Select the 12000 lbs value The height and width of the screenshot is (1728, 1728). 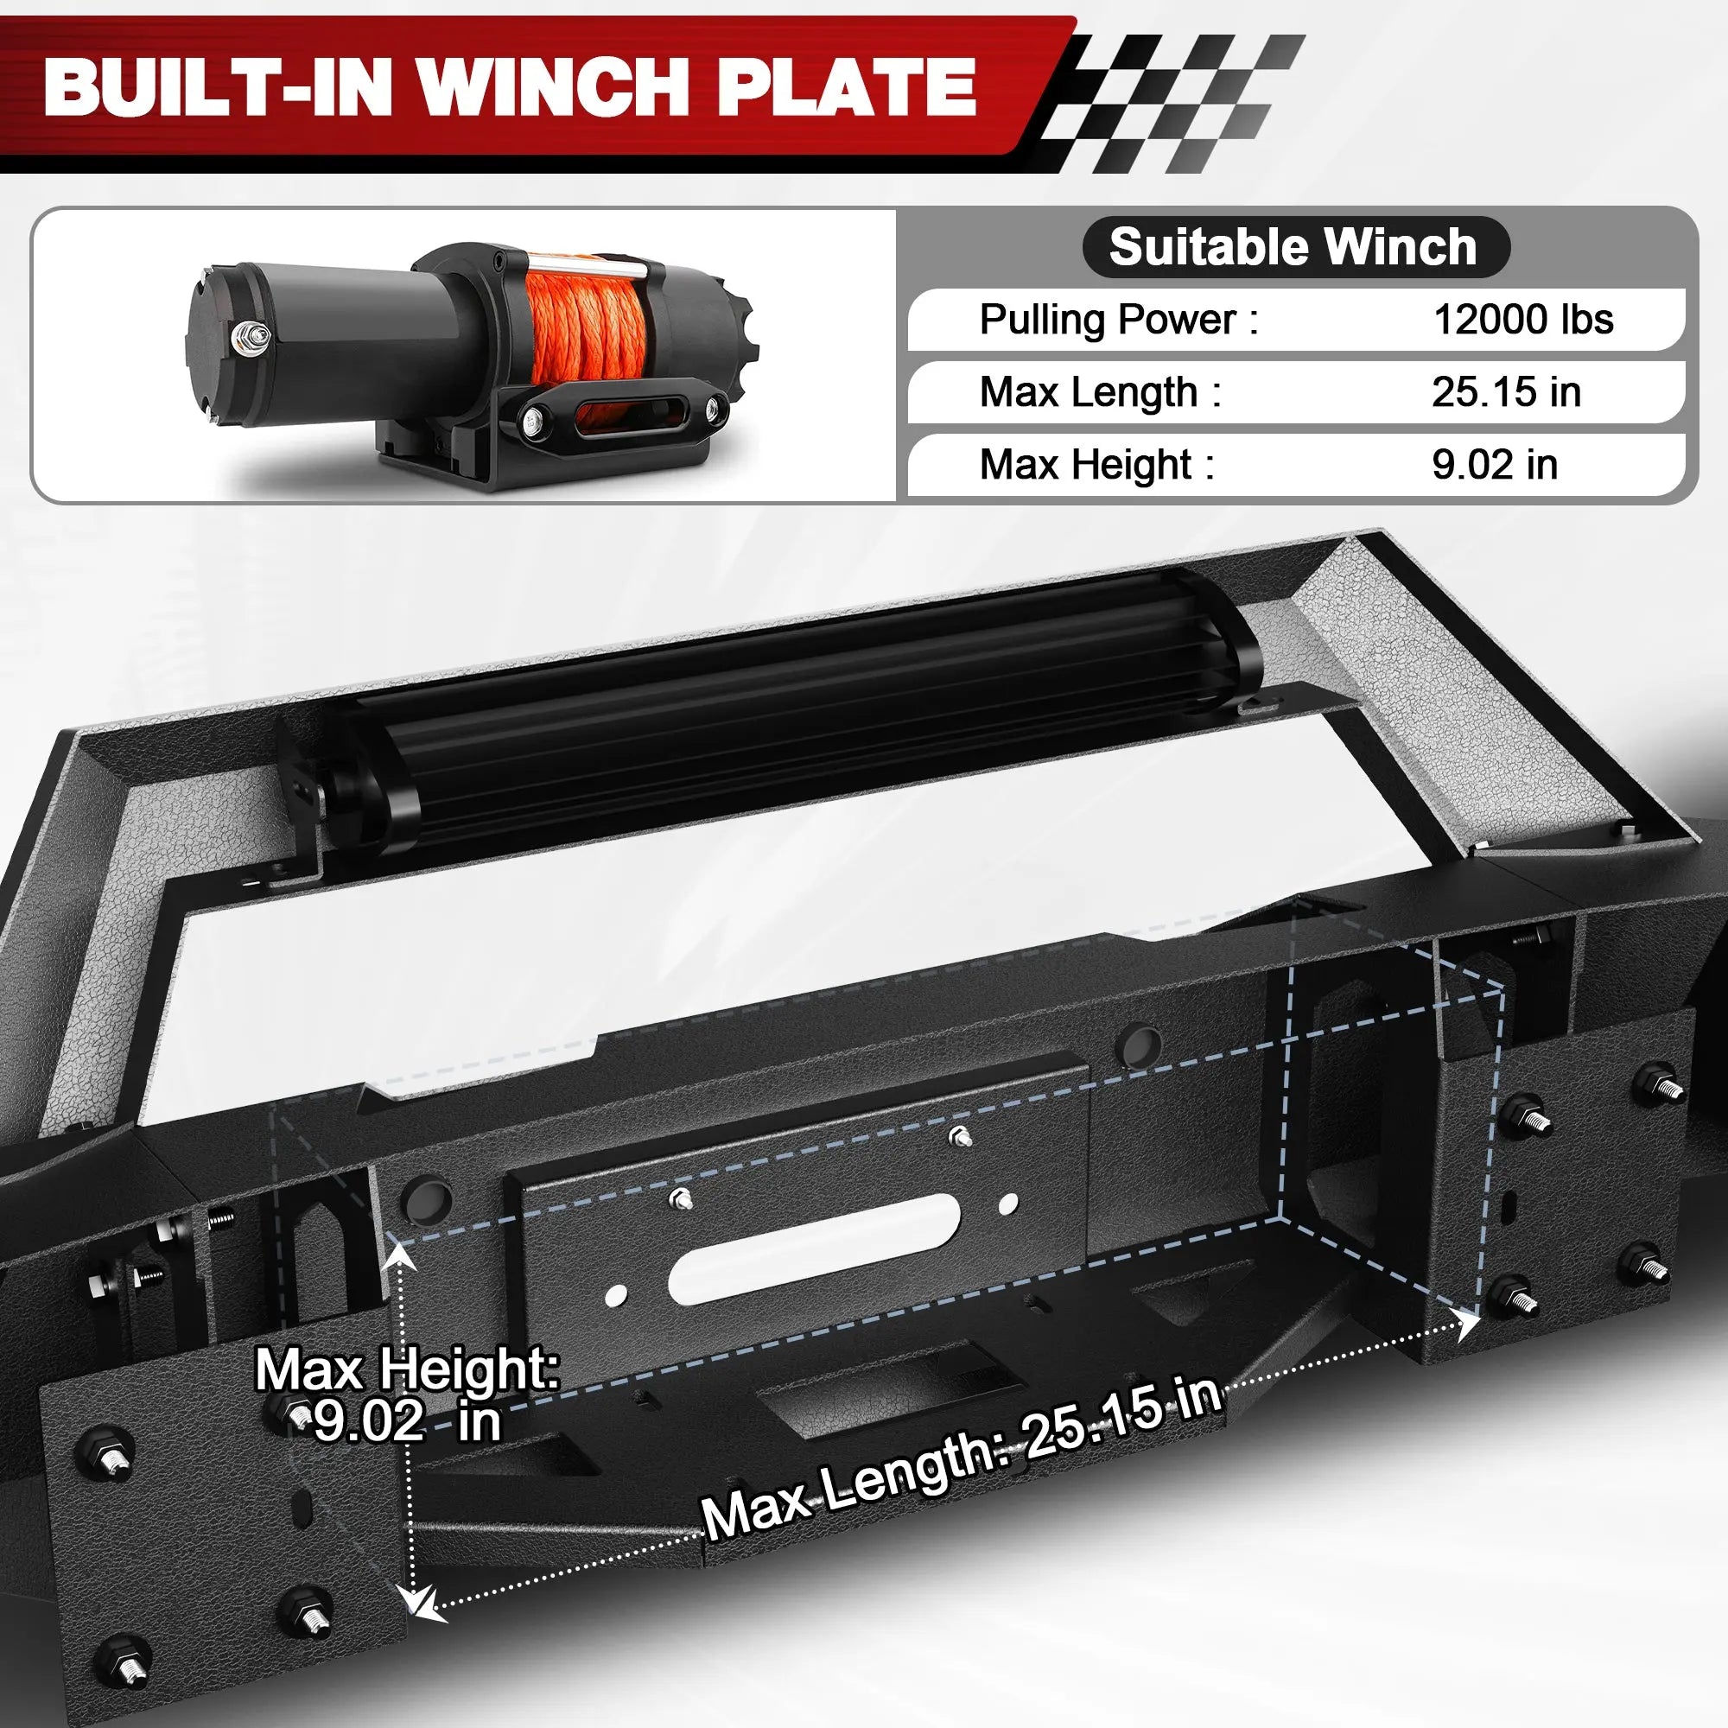click(1522, 320)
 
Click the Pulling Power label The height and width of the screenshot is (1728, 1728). click(1118, 320)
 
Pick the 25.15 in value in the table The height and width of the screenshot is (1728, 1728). click(1505, 391)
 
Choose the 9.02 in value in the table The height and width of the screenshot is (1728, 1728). click(1494, 464)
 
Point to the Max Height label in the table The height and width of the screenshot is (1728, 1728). click(1096, 464)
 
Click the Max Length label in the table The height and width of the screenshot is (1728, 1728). click(1100, 391)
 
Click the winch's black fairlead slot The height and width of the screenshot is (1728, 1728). click(617, 416)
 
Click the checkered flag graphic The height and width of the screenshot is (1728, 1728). click(1172, 98)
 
